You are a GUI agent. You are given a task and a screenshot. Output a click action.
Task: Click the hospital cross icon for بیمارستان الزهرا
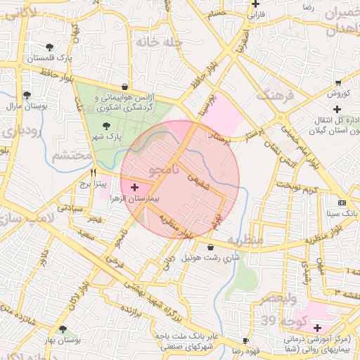[x=134, y=188]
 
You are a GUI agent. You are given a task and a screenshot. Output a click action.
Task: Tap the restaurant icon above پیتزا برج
[x=93, y=172]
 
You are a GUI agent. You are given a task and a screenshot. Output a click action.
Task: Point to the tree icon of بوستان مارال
[x=27, y=94]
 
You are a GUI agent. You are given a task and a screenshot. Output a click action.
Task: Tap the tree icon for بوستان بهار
[x=63, y=329]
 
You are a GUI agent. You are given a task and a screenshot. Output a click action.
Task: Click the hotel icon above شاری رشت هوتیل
[x=211, y=246]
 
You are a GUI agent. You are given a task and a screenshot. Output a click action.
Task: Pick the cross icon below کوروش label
[x=337, y=109]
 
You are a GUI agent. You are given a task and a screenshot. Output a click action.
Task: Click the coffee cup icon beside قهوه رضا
[x=245, y=340]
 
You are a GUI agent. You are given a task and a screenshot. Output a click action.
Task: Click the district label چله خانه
[x=159, y=42]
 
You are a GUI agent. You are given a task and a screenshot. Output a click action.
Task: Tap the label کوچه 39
[x=282, y=320]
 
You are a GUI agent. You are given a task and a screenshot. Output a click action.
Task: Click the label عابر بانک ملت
[x=170, y=335]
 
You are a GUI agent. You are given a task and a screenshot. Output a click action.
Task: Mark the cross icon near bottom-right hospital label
[x=318, y=328]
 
